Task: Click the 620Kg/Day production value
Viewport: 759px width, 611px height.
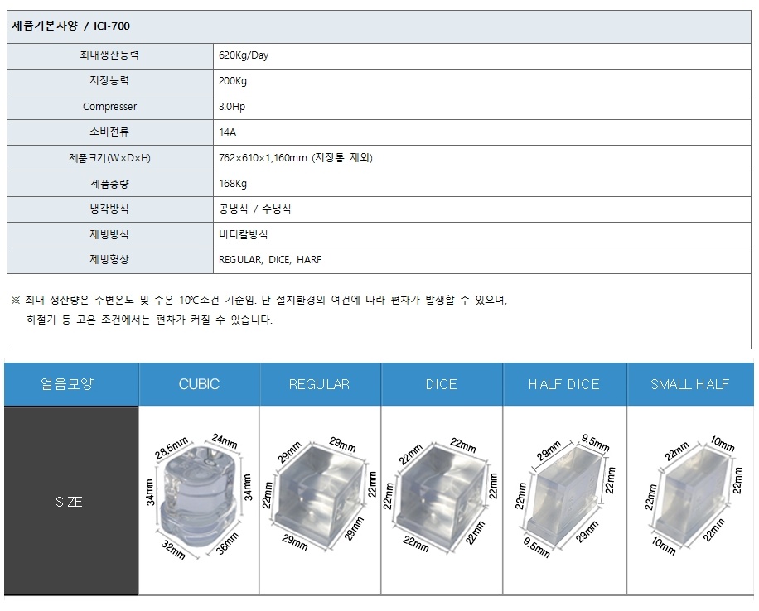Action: coord(244,55)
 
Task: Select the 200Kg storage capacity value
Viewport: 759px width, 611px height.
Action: coord(233,81)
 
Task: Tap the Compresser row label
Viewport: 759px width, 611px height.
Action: coord(110,107)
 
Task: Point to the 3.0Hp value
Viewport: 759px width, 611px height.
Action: coord(232,107)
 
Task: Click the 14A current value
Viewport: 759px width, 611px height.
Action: coord(228,132)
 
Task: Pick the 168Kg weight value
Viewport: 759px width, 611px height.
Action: coord(233,183)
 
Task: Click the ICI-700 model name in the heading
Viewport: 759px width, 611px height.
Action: coord(112,26)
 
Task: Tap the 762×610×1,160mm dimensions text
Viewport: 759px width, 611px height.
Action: coord(263,157)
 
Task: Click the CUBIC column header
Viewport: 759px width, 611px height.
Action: coord(199,384)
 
